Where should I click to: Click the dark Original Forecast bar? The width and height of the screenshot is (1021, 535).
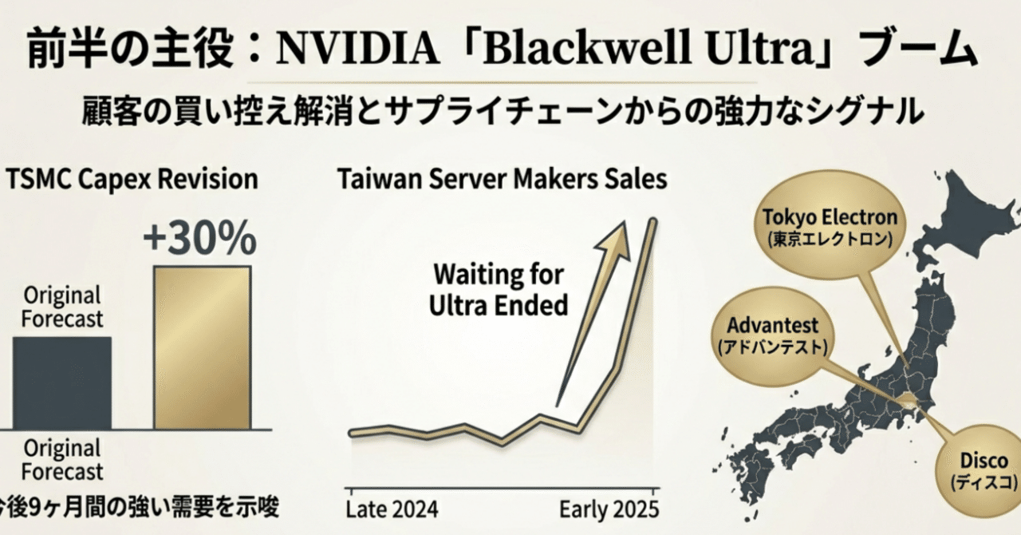[x=61, y=382]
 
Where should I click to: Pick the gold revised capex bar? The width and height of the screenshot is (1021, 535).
[x=201, y=347]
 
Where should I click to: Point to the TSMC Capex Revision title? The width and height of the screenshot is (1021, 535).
[x=131, y=179]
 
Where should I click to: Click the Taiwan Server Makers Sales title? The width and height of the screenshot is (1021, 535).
[x=502, y=179]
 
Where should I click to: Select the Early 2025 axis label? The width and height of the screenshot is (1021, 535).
[x=609, y=509]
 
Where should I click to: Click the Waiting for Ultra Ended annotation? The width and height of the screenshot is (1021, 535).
[x=499, y=290]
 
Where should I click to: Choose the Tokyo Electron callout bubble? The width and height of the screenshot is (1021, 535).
[x=830, y=227]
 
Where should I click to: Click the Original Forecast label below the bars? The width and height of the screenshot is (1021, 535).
[x=62, y=458]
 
